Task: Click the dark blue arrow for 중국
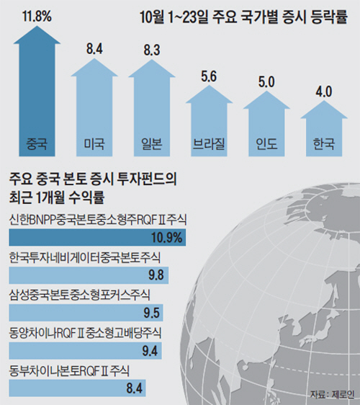pyautogui.click(x=37, y=93)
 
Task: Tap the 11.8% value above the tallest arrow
pyautogui.click(x=37, y=16)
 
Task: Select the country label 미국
pyautogui.click(x=94, y=144)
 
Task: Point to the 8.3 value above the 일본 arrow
pyautogui.click(x=152, y=50)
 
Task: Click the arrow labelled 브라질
pyautogui.click(x=209, y=121)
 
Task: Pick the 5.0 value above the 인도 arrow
pyautogui.click(x=266, y=82)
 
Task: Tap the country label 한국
pyautogui.click(x=324, y=144)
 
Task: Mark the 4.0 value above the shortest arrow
pyautogui.click(x=324, y=92)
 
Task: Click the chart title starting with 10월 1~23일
pyautogui.click(x=244, y=17)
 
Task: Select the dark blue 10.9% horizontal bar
pyautogui.click(x=97, y=237)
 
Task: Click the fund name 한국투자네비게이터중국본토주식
pyautogui.click(x=85, y=257)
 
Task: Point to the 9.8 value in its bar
pyautogui.click(x=156, y=275)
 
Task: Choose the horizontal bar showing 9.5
pyautogui.click(x=86, y=313)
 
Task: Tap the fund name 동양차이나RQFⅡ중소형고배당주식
pyautogui.click(x=85, y=333)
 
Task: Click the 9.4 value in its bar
pyautogui.click(x=150, y=351)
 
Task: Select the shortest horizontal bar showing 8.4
pyautogui.click(x=78, y=388)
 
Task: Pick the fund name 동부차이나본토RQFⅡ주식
pyautogui.click(x=69, y=370)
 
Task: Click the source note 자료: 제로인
pyautogui.click(x=332, y=395)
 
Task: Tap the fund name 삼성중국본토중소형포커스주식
pyautogui.click(x=79, y=295)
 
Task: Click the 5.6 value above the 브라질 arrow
pyautogui.click(x=209, y=76)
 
